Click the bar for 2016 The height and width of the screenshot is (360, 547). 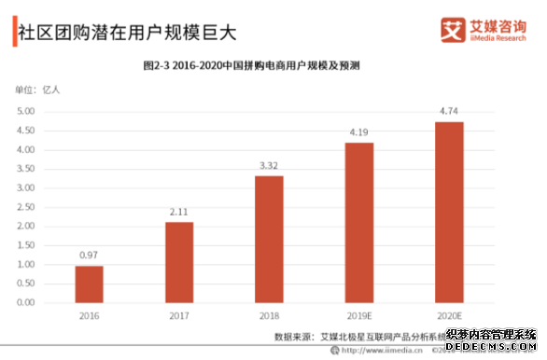click(x=90, y=284)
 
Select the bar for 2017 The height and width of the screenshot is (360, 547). click(x=179, y=262)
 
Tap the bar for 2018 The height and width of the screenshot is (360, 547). click(x=269, y=239)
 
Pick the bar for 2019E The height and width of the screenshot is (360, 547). click(x=359, y=222)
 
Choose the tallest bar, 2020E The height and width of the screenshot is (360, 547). click(x=449, y=212)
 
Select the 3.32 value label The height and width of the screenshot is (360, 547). click(x=269, y=166)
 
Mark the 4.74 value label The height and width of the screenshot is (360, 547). click(x=449, y=112)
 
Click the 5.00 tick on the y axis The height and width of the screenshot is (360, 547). click(x=26, y=111)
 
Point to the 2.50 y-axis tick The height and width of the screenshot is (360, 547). click(x=26, y=207)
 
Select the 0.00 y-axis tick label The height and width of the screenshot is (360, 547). click(x=26, y=303)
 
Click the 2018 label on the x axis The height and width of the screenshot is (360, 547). click(x=269, y=316)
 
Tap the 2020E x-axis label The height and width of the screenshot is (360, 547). click(x=449, y=316)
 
